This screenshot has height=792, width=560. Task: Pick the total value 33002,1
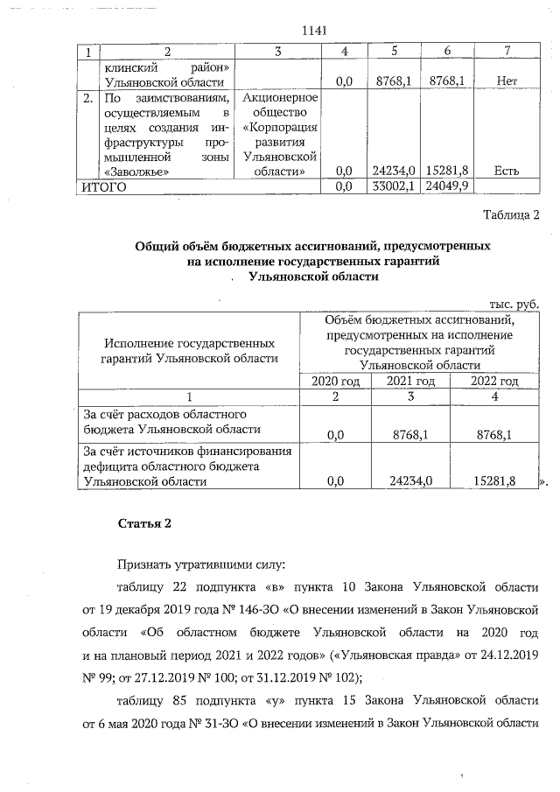[392, 186]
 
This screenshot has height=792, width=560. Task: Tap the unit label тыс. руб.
[514, 303]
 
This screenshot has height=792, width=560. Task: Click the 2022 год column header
[494, 381]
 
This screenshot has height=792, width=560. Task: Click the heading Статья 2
[143, 523]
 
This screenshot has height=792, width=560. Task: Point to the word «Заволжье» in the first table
[129, 172]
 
